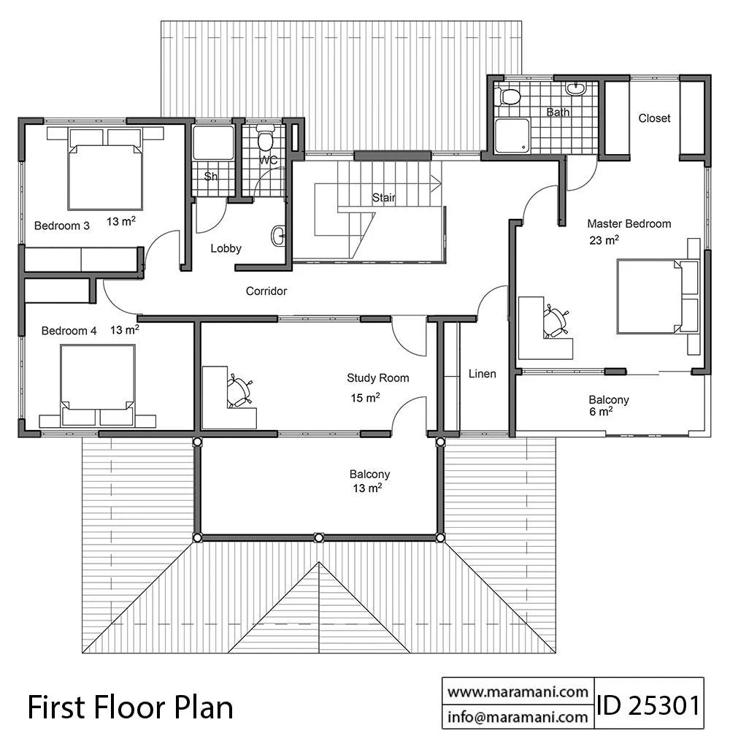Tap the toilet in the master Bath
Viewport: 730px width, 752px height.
click(x=507, y=96)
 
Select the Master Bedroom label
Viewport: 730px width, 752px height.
click(x=629, y=223)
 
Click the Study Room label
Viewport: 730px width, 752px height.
click(x=378, y=378)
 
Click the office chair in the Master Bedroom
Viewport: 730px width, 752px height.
click(x=556, y=321)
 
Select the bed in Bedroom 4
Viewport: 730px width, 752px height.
click(x=98, y=385)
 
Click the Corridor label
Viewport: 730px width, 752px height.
click(x=266, y=291)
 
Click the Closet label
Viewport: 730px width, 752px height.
click(x=654, y=118)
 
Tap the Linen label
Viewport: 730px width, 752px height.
click(x=482, y=374)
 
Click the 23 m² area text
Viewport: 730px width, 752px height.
click(x=604, y=239)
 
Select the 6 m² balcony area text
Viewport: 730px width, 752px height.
click(x=601, y=412)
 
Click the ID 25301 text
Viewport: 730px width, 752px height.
click(x=648, y=706)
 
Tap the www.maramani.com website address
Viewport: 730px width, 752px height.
click(x=518, y=692)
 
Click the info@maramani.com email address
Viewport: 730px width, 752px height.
click(x=518, y=717)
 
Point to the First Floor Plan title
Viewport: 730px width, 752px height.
click(x=130, y=707)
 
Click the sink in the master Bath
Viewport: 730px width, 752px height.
click(x=575, y=88)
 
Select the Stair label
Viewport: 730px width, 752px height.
click(x=384, y=198)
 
